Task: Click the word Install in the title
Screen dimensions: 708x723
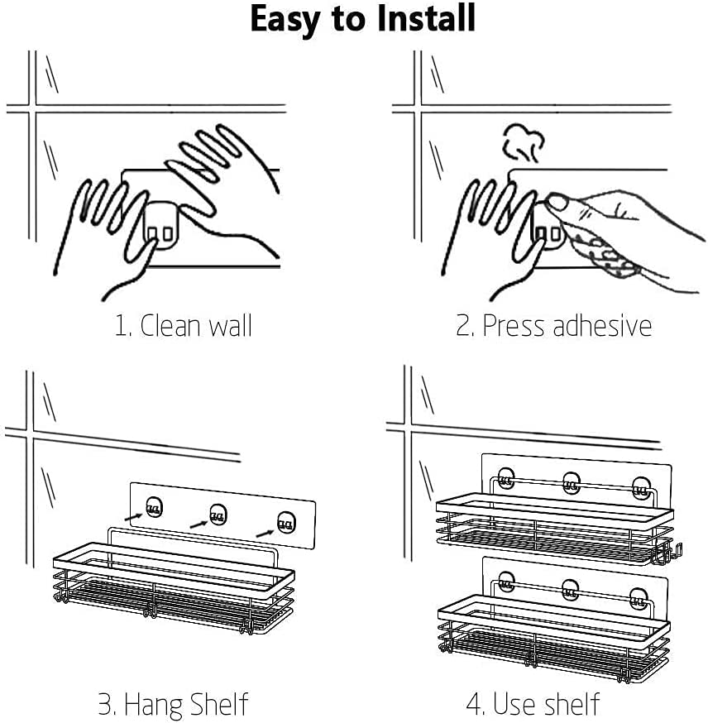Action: click(x=426, y=18)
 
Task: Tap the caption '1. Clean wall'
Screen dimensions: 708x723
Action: click(x=183, y=326)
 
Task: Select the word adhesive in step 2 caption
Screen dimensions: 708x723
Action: click(x=602, y=326)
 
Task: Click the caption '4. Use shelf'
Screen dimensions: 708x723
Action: click(x=533, y=704)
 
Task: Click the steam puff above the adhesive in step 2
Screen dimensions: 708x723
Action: click(x=524, y=142)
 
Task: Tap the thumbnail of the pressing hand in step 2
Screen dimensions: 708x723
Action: click(x=557, y=202)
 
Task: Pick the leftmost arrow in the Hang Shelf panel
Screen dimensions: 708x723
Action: click(x=134, y=517)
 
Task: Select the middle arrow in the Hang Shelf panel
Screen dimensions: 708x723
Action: click(x=199, y=524)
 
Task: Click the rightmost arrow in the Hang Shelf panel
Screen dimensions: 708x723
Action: click(x=265, y=533)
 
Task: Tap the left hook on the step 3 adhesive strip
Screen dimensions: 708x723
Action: click(x=154, y=507)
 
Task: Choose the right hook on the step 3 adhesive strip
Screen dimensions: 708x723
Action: click(x=286, y=523)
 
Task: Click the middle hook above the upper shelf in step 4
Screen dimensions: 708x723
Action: click(x=572, y=483)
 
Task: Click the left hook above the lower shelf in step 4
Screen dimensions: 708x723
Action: click(x=506, y=583)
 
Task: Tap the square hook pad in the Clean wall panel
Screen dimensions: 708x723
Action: click(x=160, y=226)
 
